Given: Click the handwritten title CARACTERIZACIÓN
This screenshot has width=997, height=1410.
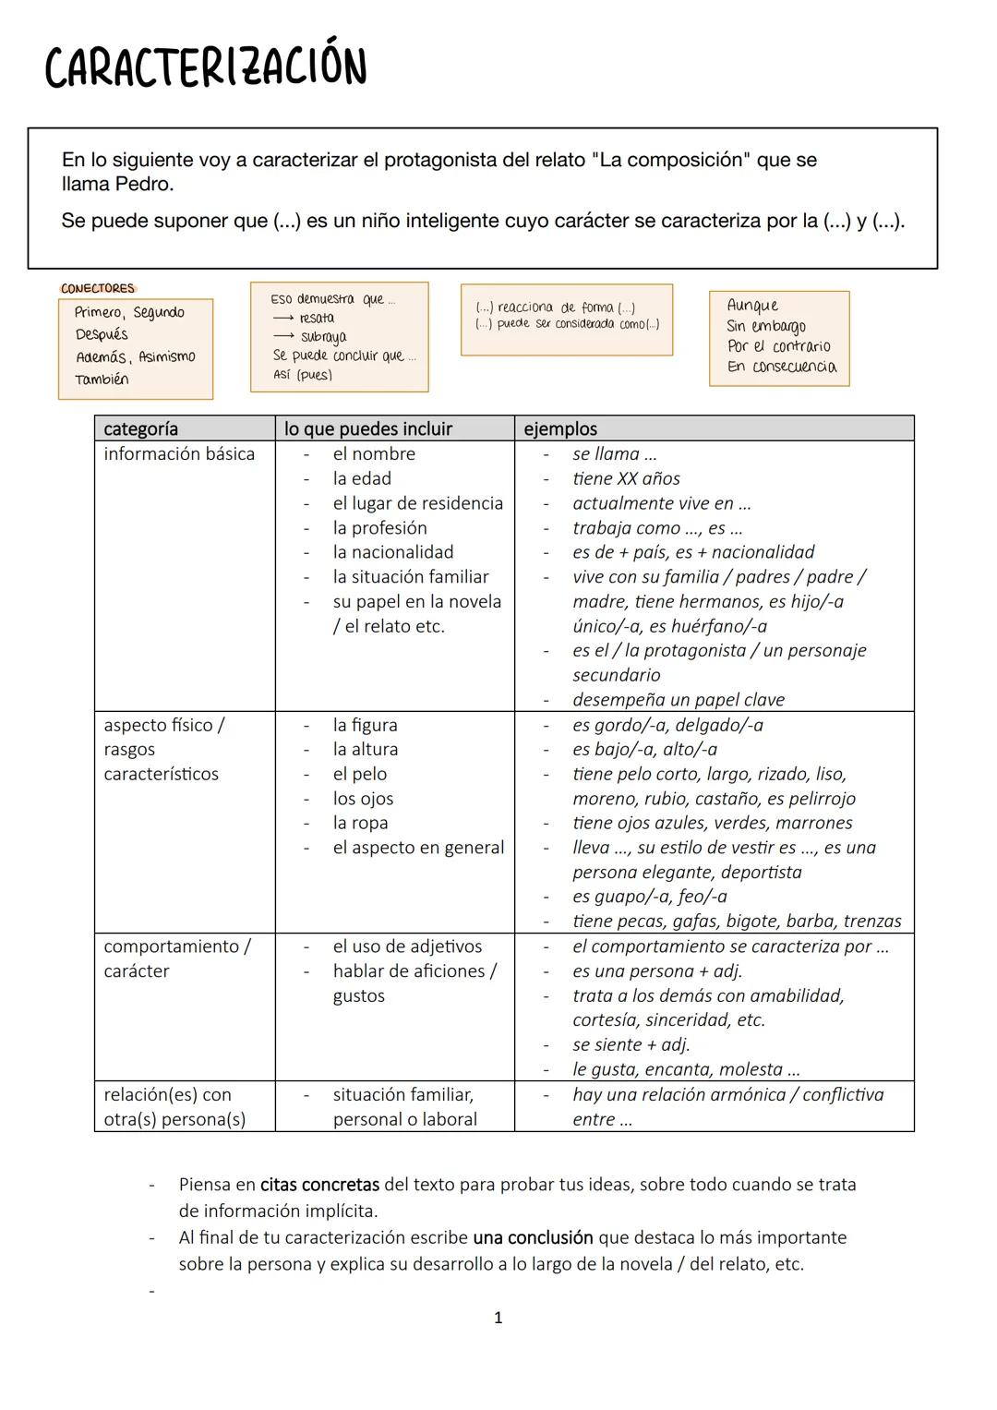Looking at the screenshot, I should (205, 66).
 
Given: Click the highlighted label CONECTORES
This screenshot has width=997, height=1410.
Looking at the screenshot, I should (98, 288).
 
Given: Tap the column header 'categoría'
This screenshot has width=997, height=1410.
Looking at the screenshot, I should (140, 428).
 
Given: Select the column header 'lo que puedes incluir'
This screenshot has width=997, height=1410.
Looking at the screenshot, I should (368, 428).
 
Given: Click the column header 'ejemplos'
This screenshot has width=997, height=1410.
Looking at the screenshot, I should (560, 428).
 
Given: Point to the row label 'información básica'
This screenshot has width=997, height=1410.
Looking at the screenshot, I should (179, 453).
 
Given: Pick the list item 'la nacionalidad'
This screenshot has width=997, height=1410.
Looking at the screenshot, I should (393, 552).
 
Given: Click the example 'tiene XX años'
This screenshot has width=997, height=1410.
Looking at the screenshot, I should (626, 478).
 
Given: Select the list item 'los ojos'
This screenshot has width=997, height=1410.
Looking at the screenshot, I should (363, 799).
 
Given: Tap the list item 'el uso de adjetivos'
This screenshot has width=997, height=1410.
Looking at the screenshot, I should (407, 946).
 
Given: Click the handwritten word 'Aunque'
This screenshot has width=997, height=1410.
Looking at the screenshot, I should (752, 306).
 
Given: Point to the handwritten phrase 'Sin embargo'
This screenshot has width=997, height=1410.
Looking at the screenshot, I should (766, 326).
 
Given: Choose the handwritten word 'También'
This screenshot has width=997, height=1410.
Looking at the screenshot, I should (102, 380).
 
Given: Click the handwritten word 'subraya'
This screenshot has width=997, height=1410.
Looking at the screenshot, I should (323, 337).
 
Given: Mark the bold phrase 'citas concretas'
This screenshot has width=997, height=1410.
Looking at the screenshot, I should (319, 1184).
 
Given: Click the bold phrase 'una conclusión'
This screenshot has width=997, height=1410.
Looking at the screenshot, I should (533, 1237).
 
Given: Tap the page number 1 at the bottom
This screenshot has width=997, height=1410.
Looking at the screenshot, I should (498, 1318).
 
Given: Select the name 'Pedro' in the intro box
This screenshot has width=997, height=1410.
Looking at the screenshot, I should (143, 184).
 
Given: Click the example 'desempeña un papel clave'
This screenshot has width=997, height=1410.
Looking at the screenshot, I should (679, 700).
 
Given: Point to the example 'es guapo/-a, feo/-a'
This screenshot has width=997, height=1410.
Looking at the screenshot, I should (649, 897).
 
